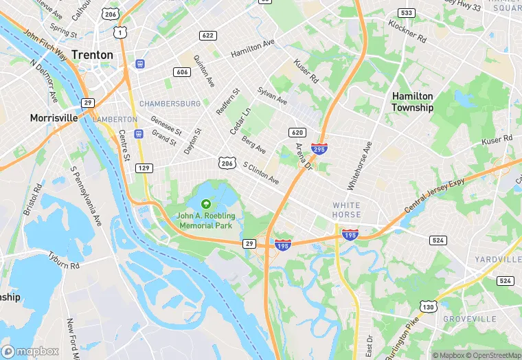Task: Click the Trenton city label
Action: (91, 54)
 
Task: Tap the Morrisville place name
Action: (54, 118)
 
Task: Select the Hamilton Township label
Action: (412, 102)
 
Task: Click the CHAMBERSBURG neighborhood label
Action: (170, 104)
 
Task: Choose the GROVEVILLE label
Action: (469, 319)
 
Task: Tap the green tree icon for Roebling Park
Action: (205, 203)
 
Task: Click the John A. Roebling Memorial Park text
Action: (205, 220)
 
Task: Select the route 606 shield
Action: (182, 72)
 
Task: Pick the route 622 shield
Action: (207, 35)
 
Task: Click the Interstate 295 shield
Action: (319, 148)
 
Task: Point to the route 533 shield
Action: (406, 13)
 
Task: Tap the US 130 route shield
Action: (429, 306)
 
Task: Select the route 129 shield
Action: (144, 168)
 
